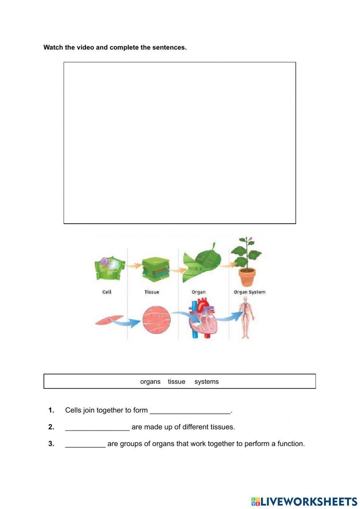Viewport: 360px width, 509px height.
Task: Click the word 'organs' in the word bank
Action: [x=150, y=381]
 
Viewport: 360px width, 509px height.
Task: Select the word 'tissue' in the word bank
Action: [x=176, y=381]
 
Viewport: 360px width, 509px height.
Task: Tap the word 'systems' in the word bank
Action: [x=207, y=382]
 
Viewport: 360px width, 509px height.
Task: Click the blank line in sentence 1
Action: [x=190, y=413]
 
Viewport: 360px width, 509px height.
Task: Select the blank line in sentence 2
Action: [x=98, y=430]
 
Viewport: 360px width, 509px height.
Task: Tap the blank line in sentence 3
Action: [x=85, y=447]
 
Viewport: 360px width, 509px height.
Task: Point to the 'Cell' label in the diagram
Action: [x=107, y=292]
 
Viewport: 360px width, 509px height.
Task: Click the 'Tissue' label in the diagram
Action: [x=152, y=292]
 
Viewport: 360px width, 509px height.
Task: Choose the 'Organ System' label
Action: [x=249, y=292]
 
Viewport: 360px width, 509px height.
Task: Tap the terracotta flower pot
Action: [x=247, y=277]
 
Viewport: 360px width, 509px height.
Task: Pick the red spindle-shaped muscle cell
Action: [x=109, y=320]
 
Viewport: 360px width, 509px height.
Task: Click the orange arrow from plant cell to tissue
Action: [x=134, y=265]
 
